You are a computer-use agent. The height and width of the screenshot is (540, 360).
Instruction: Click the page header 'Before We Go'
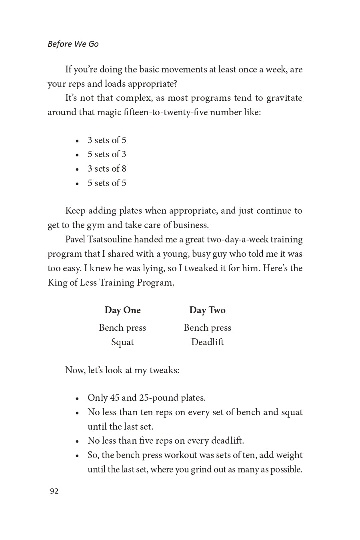click(73, 44)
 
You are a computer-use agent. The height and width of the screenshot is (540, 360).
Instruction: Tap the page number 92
click(54, 491)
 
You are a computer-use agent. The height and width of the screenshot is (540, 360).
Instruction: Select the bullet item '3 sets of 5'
click(107, 140)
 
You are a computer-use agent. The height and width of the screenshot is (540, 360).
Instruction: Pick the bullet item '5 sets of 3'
click(107, 154)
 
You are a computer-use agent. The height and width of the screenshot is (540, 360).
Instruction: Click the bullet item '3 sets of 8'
click(107, 169)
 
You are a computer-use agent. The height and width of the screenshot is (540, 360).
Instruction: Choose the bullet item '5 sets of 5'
click(107, 183)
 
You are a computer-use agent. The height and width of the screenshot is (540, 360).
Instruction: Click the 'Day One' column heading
click(122, 310)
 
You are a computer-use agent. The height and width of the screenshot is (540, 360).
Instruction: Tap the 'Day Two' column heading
click(207, 310)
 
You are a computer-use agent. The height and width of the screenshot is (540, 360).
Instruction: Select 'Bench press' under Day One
click(122, 328)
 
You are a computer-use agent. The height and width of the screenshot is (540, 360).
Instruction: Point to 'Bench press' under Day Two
click(207, 328)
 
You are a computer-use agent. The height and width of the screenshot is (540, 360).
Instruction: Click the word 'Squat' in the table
click(122, 342)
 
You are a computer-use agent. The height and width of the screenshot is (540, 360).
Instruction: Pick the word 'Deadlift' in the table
click(207, 342)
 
